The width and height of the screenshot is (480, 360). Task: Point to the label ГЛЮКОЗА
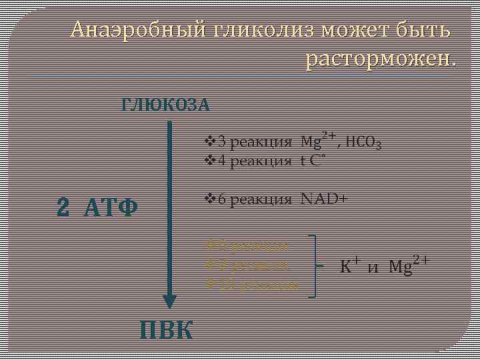[x=165, y=105]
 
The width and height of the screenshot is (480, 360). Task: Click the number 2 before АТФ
[x=63, y=208]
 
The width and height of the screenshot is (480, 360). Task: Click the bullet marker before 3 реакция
[x=208, y=142]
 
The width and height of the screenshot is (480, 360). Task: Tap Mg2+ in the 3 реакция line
[x=318, y=140]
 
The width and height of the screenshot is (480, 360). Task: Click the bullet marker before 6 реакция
[x=208, y=199]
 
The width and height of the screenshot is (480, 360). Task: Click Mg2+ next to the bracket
[x=408, y=266]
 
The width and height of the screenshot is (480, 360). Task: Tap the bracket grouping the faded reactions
[x=313, y=265]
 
